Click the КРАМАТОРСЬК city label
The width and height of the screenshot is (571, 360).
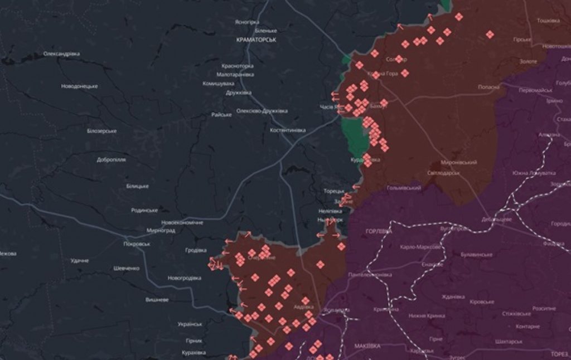tap(256, 41)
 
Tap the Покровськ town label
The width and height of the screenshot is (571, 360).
tap(137, 244)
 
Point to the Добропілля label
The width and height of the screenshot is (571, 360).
tap(111, 159)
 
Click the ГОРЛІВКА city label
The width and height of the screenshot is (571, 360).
tap(379, 231)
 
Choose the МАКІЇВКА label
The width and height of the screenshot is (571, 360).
tap(366, 346)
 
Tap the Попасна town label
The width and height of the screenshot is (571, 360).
tap(489, 87)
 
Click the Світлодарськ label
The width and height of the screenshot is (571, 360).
tap(444, 173)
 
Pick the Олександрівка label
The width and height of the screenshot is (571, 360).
tap(61, 54)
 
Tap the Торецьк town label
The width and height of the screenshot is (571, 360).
tap(335, 191)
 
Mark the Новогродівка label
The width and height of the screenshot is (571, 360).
tap(185, 278)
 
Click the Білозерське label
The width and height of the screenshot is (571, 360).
tap(101, 131)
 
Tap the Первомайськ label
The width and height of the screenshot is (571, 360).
tap(535, 90)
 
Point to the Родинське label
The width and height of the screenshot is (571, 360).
tap(144, 210)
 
